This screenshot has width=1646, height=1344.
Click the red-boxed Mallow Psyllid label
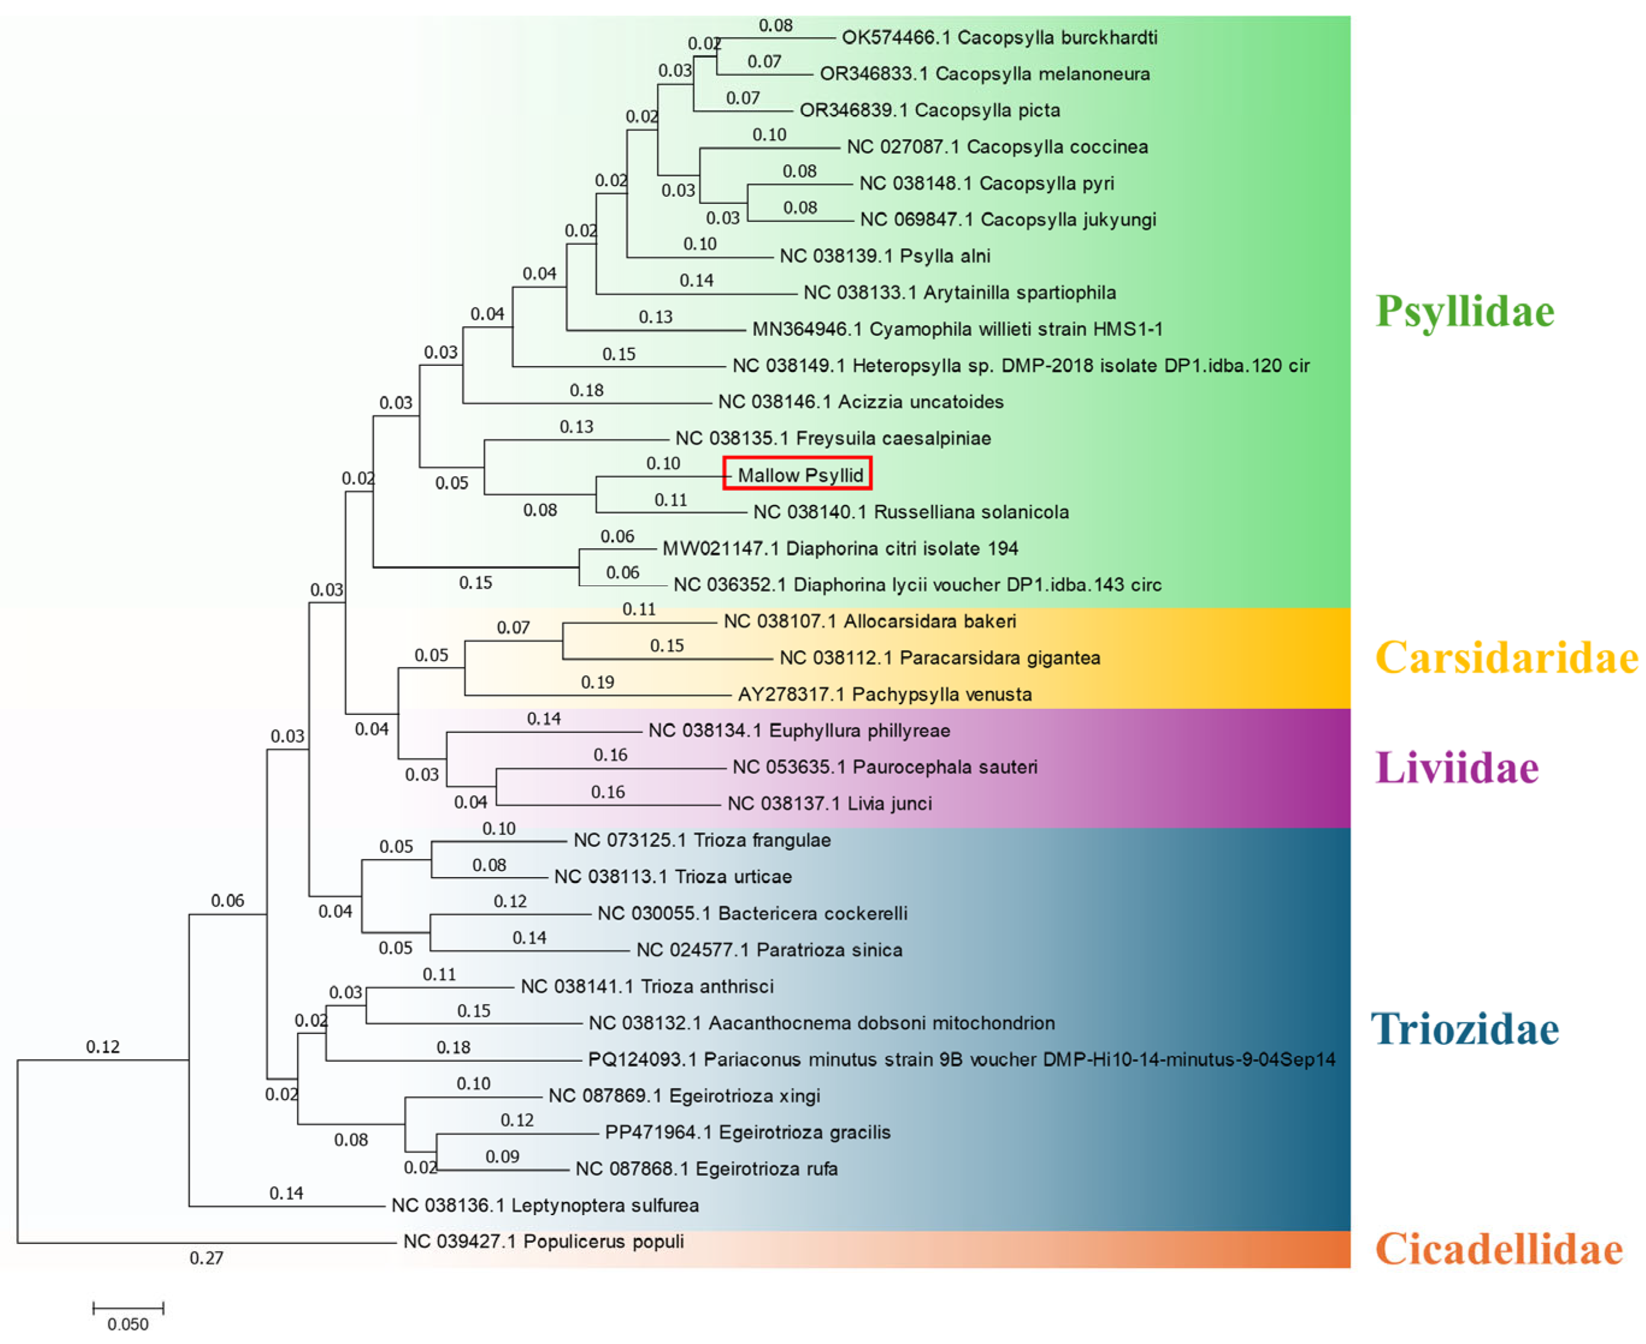(798, 474)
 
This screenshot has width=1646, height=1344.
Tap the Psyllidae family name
(1464, 311)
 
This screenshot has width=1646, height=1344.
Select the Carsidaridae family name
(1506, 658)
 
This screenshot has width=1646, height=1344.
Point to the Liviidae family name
(1456, 768)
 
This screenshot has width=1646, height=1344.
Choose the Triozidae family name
(1464, 1029)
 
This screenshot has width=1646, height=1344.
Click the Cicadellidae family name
(1498, 1250)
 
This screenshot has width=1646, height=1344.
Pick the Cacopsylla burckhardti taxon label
(999, 38)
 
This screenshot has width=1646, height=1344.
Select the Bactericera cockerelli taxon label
(752, 914)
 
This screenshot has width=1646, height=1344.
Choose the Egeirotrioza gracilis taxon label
(747, 1133)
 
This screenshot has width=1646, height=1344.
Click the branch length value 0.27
(206, 1258)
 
